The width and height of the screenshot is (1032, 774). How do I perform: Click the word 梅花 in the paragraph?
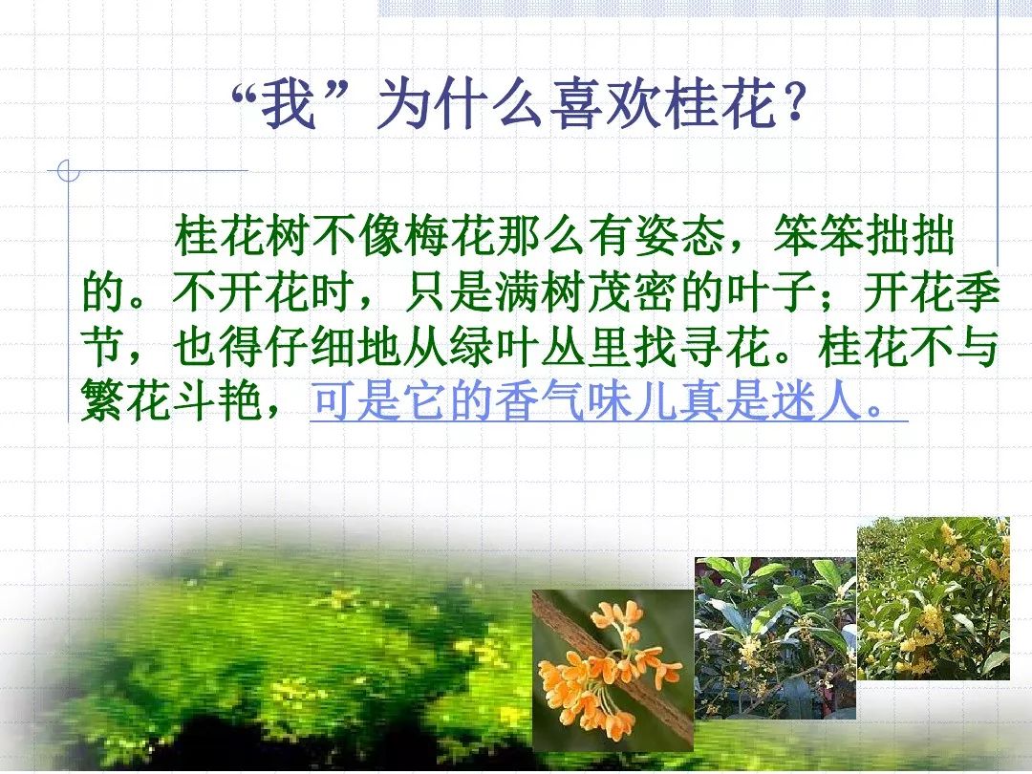click(x=450, y=235)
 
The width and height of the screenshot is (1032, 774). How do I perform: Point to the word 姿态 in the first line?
click(x=680, y=235)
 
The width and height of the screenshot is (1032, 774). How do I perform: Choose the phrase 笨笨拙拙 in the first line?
click(x=864, y=235)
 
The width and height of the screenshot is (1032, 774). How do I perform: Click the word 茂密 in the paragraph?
click(x=634, y=290)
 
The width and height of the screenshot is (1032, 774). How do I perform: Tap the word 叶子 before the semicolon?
click(x=771, y=290)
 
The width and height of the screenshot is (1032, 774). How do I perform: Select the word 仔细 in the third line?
click(x=312, y=347)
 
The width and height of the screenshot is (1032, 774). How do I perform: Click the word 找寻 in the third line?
click(x=679, y=347)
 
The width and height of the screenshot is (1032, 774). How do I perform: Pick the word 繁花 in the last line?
click(x=126, y=400)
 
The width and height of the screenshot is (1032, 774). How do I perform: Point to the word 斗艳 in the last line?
click(x=219, y=400)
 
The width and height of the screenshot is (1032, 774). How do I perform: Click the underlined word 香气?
click(x=541, y=400)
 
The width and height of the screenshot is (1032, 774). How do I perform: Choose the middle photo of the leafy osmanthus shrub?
click(x=775, y=638)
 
